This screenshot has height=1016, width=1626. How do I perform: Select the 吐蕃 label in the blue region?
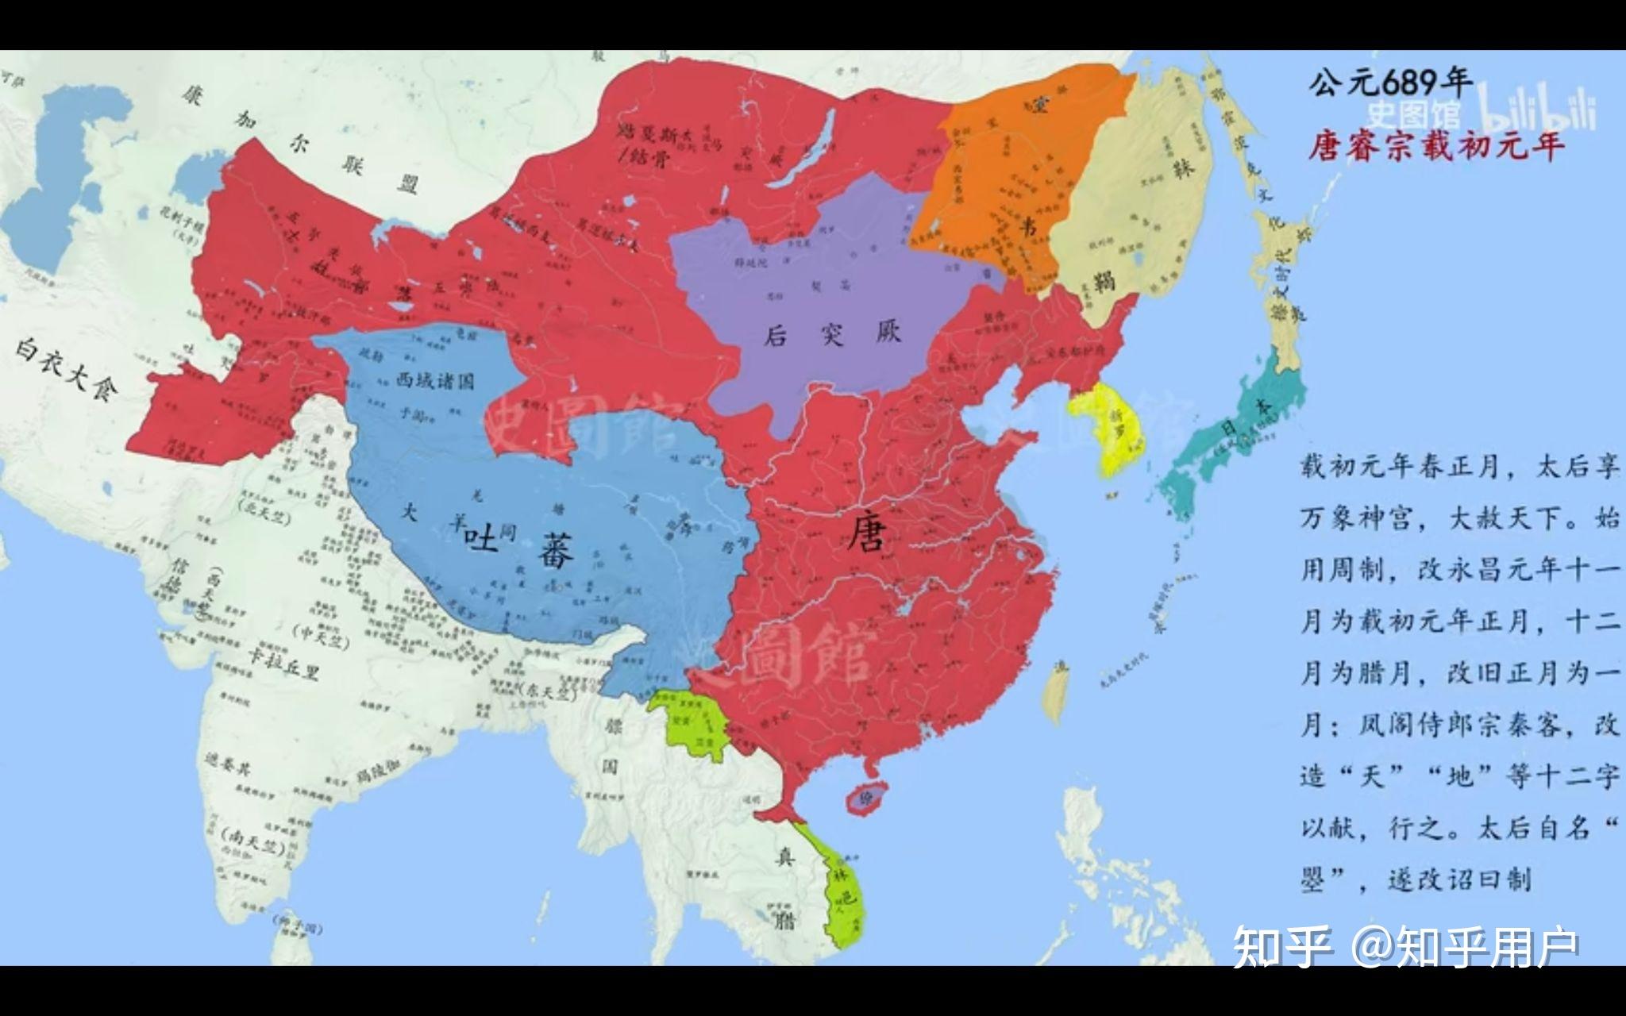(520, 547)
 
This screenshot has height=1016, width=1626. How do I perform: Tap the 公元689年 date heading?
(1390, 81)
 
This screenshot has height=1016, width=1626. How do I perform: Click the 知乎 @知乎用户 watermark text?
(1404, 948)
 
